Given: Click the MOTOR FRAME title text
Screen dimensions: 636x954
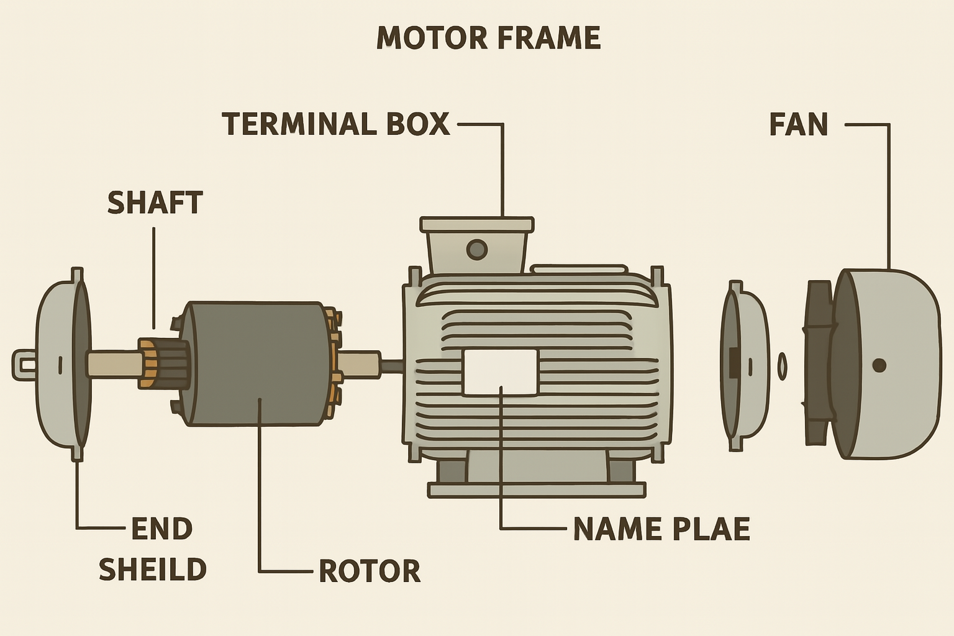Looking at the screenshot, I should tap(488, 38).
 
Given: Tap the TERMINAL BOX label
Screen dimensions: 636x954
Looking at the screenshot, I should tap(335, 124).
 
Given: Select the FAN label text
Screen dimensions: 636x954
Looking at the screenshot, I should tap(798, 124).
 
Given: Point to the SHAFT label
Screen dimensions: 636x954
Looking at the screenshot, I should tap(155, 202).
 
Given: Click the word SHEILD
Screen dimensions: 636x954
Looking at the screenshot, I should tap(153, 570).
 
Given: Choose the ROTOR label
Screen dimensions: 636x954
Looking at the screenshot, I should tap(370, 571).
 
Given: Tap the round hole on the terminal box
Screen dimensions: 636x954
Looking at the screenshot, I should tap(476, 250).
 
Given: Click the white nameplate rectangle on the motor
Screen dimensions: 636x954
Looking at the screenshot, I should tap(500, 372).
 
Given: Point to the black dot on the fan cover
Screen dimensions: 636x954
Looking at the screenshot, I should tap(879, 365).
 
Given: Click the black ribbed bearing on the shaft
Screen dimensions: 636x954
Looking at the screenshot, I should tap(174, 363).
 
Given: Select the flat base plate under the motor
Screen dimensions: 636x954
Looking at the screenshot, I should tap(537, 491).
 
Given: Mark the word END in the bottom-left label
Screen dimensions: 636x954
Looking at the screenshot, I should tap(161, 529).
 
